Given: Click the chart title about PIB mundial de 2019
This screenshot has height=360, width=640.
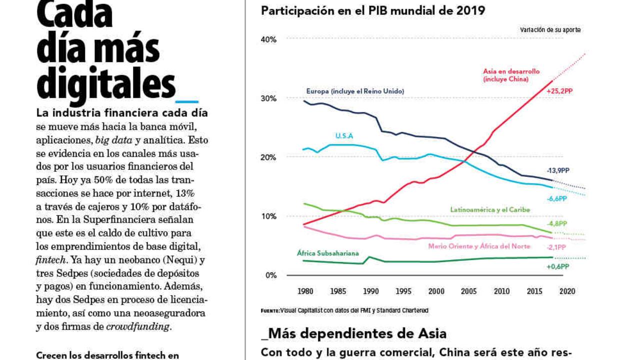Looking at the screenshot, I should pyautogui.click(x=373, y=10).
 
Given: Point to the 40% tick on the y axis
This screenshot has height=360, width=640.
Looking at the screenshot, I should pyautogui.click(x=269, y=39).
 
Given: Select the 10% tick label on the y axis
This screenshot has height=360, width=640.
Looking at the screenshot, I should pyautogui.click(x=269, y=216).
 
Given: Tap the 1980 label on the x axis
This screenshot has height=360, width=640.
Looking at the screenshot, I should pyautogui.click(x=305, y=291).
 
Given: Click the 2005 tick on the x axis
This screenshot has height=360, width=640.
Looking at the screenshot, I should pyautogui.click(x=468, y=291).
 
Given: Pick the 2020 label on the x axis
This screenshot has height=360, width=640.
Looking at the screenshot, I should pyautogui.click(x=566, y=291).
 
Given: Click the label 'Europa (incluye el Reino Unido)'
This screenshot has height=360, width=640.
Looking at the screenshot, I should pyautogui.click(x=355, y=91).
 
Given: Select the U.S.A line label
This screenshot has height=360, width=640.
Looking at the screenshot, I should pyautogui.click(x=344, y=135).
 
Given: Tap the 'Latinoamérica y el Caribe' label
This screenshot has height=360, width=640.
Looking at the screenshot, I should pyautogui.click(x=489, y=209).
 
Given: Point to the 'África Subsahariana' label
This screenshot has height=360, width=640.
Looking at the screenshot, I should pyautogui.click(x=328, y=253).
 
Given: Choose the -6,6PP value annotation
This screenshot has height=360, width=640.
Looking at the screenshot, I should pyautogui.click(x=556, y=198).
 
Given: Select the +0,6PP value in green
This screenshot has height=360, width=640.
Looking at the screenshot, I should pyautogui.click(x=557, y=266).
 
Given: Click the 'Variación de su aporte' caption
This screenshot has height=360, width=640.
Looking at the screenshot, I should pyautogui.click(x=550, y=30).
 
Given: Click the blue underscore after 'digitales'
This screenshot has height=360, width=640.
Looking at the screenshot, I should pyautogui.click(x=187, y=100).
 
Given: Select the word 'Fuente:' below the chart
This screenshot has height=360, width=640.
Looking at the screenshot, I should pyautogui.click(x=270, y=310).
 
